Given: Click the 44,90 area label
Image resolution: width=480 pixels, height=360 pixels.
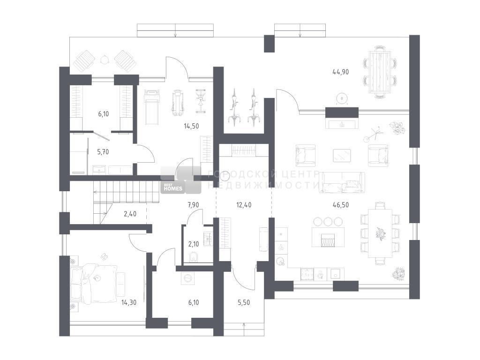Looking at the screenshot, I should [x=341, y=72].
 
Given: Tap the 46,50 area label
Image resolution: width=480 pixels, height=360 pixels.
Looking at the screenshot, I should [x=341, y=204].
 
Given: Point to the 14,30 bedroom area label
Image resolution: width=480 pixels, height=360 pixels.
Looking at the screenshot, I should [x=128, y=302].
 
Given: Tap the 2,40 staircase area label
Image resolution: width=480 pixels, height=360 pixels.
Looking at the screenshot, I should [x=131, y=214].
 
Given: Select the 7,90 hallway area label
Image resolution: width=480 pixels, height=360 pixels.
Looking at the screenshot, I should [x=194, y=204].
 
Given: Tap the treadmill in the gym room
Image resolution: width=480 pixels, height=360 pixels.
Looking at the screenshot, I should [x=151, y=107].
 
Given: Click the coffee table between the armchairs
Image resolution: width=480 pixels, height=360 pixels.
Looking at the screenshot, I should [x=342, y=155].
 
